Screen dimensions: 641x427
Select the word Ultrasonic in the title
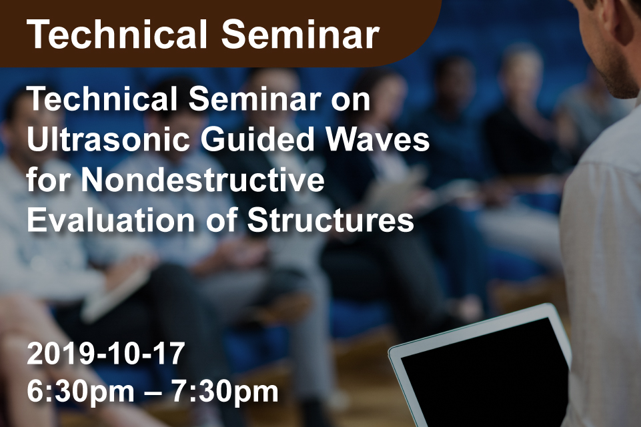pos(108,140)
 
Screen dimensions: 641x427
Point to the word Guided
pos(257,140)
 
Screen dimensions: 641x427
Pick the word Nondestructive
pos(202,180)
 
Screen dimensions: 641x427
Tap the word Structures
pos(331,220)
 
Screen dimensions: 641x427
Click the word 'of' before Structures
pos(221,220)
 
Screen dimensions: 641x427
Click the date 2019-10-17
pos(106,354)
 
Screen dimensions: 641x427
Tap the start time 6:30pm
pos(81,392)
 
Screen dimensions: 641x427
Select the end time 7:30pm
pos(224,392)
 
